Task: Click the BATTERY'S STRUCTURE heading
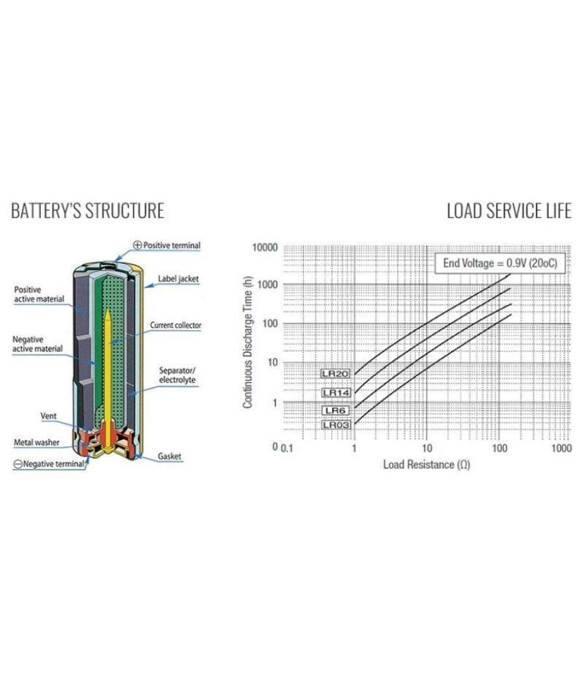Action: [x=88, y=211]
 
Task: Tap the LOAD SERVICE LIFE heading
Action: [x=509, y=211]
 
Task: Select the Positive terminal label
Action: [x=167, y=245]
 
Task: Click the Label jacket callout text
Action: [x=178, y=279]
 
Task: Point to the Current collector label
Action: [x=176, y=326]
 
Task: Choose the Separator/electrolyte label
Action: [x=177, y=376]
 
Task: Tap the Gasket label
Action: [x=169, y=456]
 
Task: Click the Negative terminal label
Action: [x=49, y=464]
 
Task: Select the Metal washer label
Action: [x=36, y=442]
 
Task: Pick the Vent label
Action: [x=48, y=416]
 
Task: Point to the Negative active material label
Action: [x=38, y=344]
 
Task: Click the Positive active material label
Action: [x=39, y=294]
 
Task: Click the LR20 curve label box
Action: [x=335, y=374]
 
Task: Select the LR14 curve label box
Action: [x=336, y=393]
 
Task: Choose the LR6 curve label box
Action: [x=335, y=411]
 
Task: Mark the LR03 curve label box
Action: [x=336, y=425]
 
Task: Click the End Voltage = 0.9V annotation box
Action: [x=500, y=263]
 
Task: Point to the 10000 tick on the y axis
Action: [x=265, y=248]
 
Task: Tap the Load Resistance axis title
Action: [x=426, y=465]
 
